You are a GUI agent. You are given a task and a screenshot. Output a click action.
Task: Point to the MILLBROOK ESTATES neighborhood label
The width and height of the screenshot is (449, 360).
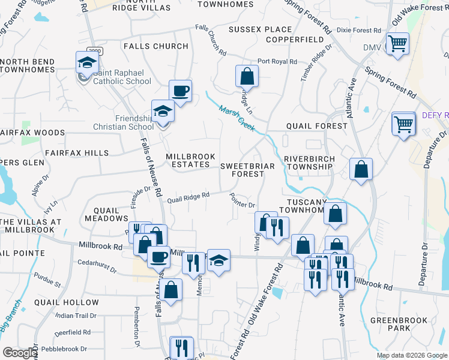(x=188, y=160)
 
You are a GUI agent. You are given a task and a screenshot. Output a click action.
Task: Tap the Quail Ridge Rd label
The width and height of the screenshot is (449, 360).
(x=188, y=196)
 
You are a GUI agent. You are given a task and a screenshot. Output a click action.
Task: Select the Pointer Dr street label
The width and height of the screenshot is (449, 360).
(x=244, y=205)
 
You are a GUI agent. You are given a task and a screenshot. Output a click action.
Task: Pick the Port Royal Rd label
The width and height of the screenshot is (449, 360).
(x=277, y=61)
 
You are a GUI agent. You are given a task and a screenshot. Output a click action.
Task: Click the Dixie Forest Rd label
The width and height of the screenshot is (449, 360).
(x=359, y=30)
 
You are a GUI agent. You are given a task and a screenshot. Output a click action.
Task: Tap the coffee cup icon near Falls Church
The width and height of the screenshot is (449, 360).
(x=180, y=91)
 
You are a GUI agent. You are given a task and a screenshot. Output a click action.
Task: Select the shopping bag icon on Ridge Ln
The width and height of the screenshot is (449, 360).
(x=247, y=76)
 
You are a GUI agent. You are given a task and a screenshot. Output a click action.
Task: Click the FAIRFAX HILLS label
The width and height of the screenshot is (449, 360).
(x=76, y=153)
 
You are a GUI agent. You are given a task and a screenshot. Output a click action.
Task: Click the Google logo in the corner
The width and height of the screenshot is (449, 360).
(x=19, y=352)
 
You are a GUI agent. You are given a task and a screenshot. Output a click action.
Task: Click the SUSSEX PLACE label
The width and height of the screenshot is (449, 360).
(x=260, y=29)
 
